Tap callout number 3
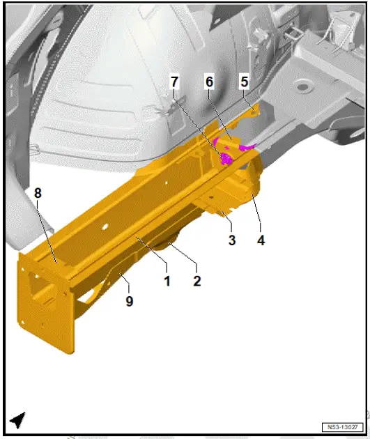[232, 240]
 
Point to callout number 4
[261, 240]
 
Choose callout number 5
[244, 82]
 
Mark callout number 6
[208, 82]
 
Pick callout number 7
[174, 82]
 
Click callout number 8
[38, 193]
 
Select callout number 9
[130, 302]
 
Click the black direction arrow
[18, 419]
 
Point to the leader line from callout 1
[153, 252]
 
